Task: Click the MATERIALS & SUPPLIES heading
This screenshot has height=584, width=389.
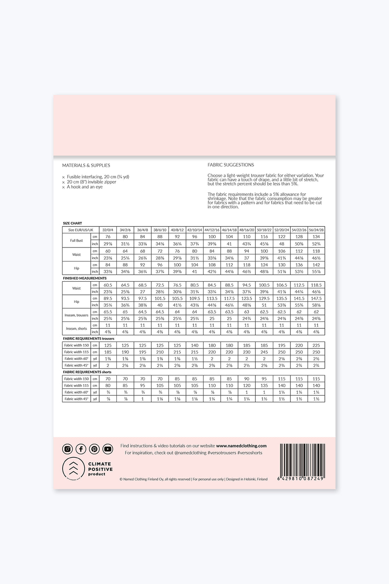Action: (86, 165)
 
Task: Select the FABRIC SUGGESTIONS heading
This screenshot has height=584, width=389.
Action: (231, 165)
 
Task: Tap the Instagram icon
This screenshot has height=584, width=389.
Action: (68, 449)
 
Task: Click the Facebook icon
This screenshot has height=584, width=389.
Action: (81, 449)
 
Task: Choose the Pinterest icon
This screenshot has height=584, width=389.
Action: (94, 449)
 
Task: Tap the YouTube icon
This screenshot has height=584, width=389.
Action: (108, 449)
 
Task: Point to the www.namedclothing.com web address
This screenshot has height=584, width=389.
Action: (241, 446)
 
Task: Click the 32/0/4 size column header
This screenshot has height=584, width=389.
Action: (108, 230)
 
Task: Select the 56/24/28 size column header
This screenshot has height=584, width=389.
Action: (316, 230)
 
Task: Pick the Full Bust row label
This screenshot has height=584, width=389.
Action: (76, 241)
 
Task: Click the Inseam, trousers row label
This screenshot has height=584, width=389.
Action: (76, 315)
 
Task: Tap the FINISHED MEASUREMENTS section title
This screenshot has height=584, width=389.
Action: (85, 278)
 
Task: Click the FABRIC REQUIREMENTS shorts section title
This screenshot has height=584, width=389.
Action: (87, 372)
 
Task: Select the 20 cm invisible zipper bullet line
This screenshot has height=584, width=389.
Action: (91, 182)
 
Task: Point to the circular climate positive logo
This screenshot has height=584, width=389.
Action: (73, 468)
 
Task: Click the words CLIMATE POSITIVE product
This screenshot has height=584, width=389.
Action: (100, 469)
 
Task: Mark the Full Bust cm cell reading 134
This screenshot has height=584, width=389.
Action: (316, 237)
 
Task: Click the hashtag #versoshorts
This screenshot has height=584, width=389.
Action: (250, 453)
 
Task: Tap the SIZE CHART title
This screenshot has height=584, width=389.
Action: (72, 223)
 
